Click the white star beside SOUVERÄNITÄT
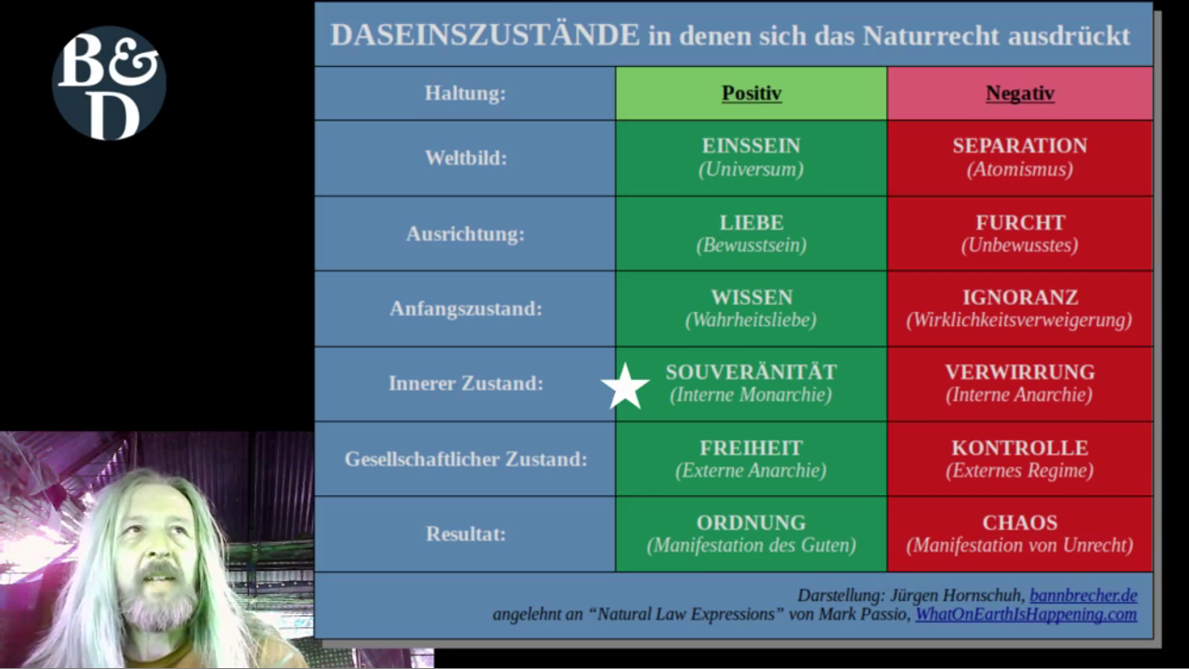625,387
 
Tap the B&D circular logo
110,84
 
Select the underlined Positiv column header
751,93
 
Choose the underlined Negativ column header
1020,93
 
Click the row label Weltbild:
465,158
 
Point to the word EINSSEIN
751,146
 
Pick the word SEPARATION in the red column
1020,146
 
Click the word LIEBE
751,222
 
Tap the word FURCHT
1020,222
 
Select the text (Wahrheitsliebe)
751,321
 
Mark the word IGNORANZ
1020,297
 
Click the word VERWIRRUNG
1020,373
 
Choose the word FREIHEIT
751,448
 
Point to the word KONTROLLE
1020,448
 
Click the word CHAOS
1020,523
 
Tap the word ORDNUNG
751,523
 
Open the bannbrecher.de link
1083,596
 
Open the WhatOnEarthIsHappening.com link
1026,614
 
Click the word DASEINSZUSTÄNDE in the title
485,35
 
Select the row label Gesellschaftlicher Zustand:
466,459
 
